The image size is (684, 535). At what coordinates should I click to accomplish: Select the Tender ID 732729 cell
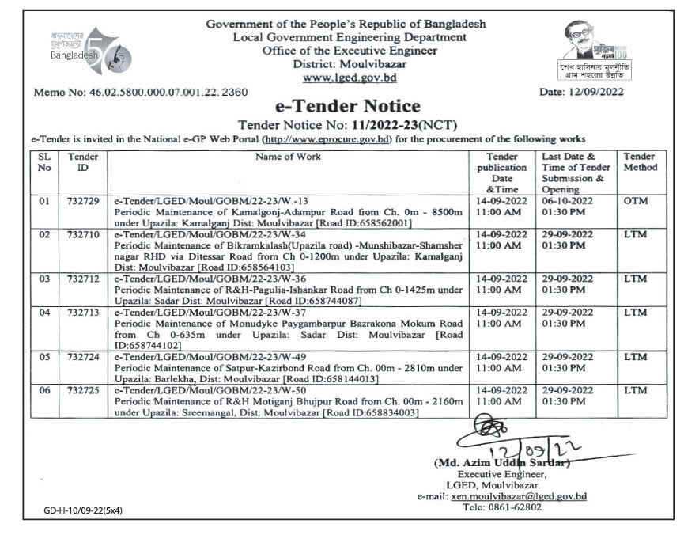[83, 201]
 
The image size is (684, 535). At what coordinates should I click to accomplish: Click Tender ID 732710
[83, 235]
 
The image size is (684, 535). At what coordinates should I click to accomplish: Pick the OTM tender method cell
[635, 201]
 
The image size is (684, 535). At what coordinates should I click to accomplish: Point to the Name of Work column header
[288, 157]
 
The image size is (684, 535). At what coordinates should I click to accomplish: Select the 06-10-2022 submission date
[568, 201]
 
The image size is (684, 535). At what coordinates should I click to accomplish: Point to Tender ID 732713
[83, 313]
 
